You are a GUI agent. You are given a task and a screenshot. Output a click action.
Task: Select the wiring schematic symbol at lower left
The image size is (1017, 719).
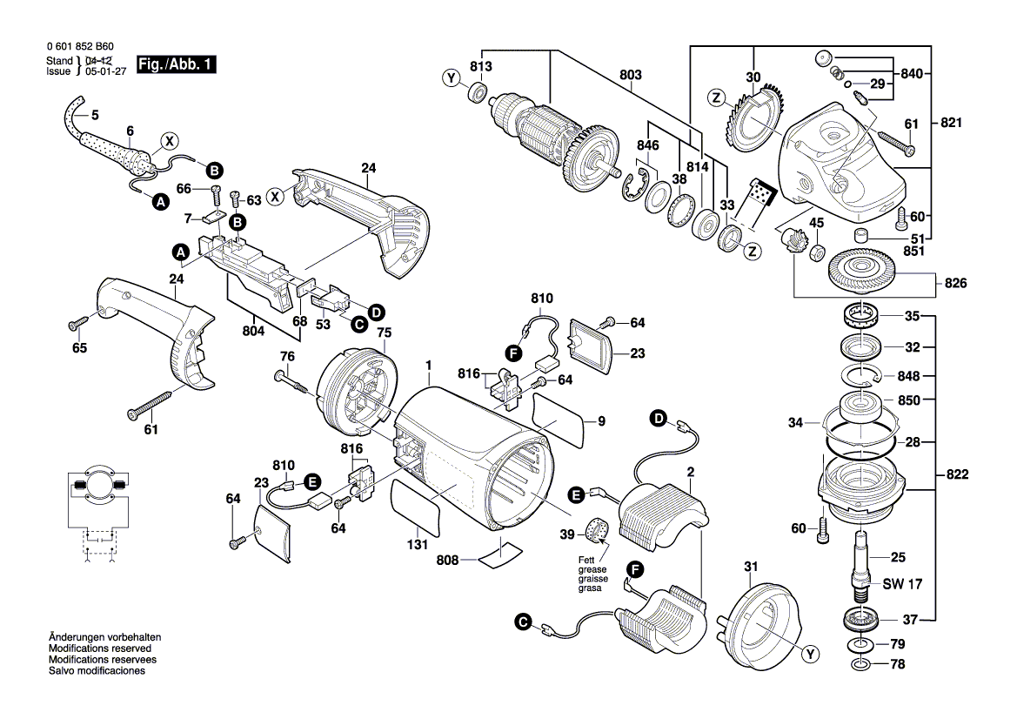(x=97, y=514)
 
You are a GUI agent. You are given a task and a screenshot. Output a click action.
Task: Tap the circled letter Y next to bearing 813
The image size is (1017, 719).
(x=451, y=79)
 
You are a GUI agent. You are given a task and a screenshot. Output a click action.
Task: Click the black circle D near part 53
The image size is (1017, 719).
(x=376, y=312)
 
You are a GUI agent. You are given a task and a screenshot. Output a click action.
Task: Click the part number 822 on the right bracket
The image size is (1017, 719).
(x=957, y=474)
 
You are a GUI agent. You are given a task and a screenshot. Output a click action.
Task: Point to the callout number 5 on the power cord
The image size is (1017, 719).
(x=95, y=114)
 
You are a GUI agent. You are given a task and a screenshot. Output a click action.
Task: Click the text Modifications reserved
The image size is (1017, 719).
(x=100, y=649)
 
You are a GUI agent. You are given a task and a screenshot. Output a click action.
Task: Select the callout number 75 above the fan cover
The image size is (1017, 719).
(x=383, y=332)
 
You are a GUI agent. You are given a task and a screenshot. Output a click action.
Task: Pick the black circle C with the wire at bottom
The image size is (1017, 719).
(x=522, y=622)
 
